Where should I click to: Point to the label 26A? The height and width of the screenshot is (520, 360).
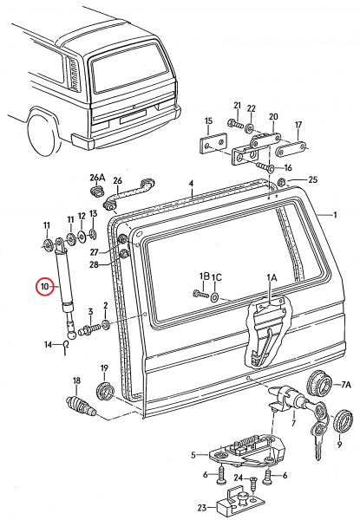pos(96,179)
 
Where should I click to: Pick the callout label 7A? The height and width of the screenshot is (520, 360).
pos(344,384)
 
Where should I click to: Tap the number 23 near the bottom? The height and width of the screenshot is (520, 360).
pos(201,508)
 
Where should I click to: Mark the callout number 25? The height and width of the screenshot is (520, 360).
pos(314,180)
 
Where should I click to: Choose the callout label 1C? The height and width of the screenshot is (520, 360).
pos(217,276)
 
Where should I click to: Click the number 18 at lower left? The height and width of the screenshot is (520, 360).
pos(76,381)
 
